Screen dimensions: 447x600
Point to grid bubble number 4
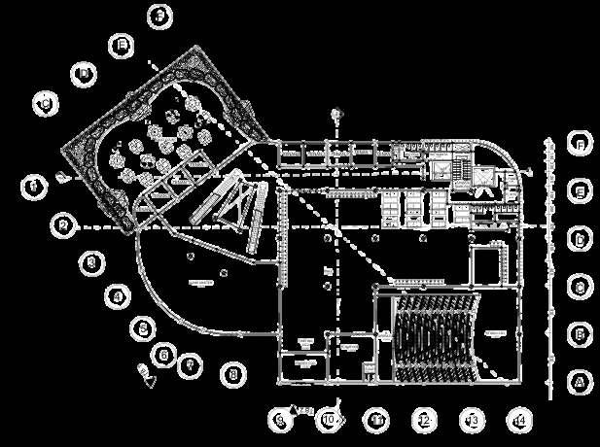[117, 296]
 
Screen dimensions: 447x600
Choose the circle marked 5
[142, 328]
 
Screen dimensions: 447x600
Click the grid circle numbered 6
[164, 354]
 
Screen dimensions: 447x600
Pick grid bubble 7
[191, 364]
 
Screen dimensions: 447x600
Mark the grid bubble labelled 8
[231, 372]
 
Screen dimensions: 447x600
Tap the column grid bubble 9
[279, 420]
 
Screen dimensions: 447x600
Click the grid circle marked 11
[376, 420]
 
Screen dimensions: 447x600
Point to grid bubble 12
[424, 420]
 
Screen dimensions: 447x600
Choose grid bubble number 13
[472, 420]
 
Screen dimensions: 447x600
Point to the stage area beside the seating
[496, 335]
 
